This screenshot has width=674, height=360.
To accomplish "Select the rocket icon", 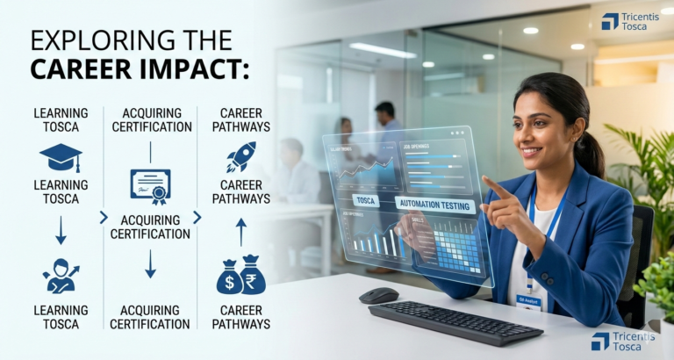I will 241,156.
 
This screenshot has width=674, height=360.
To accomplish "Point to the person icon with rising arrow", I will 61,275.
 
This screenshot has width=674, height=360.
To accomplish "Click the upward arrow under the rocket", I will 241,232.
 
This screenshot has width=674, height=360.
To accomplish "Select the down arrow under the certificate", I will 150,263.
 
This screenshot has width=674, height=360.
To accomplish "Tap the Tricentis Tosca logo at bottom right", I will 623,341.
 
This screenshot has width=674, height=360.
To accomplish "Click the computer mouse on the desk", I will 378,295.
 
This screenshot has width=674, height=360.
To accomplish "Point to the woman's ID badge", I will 529,300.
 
